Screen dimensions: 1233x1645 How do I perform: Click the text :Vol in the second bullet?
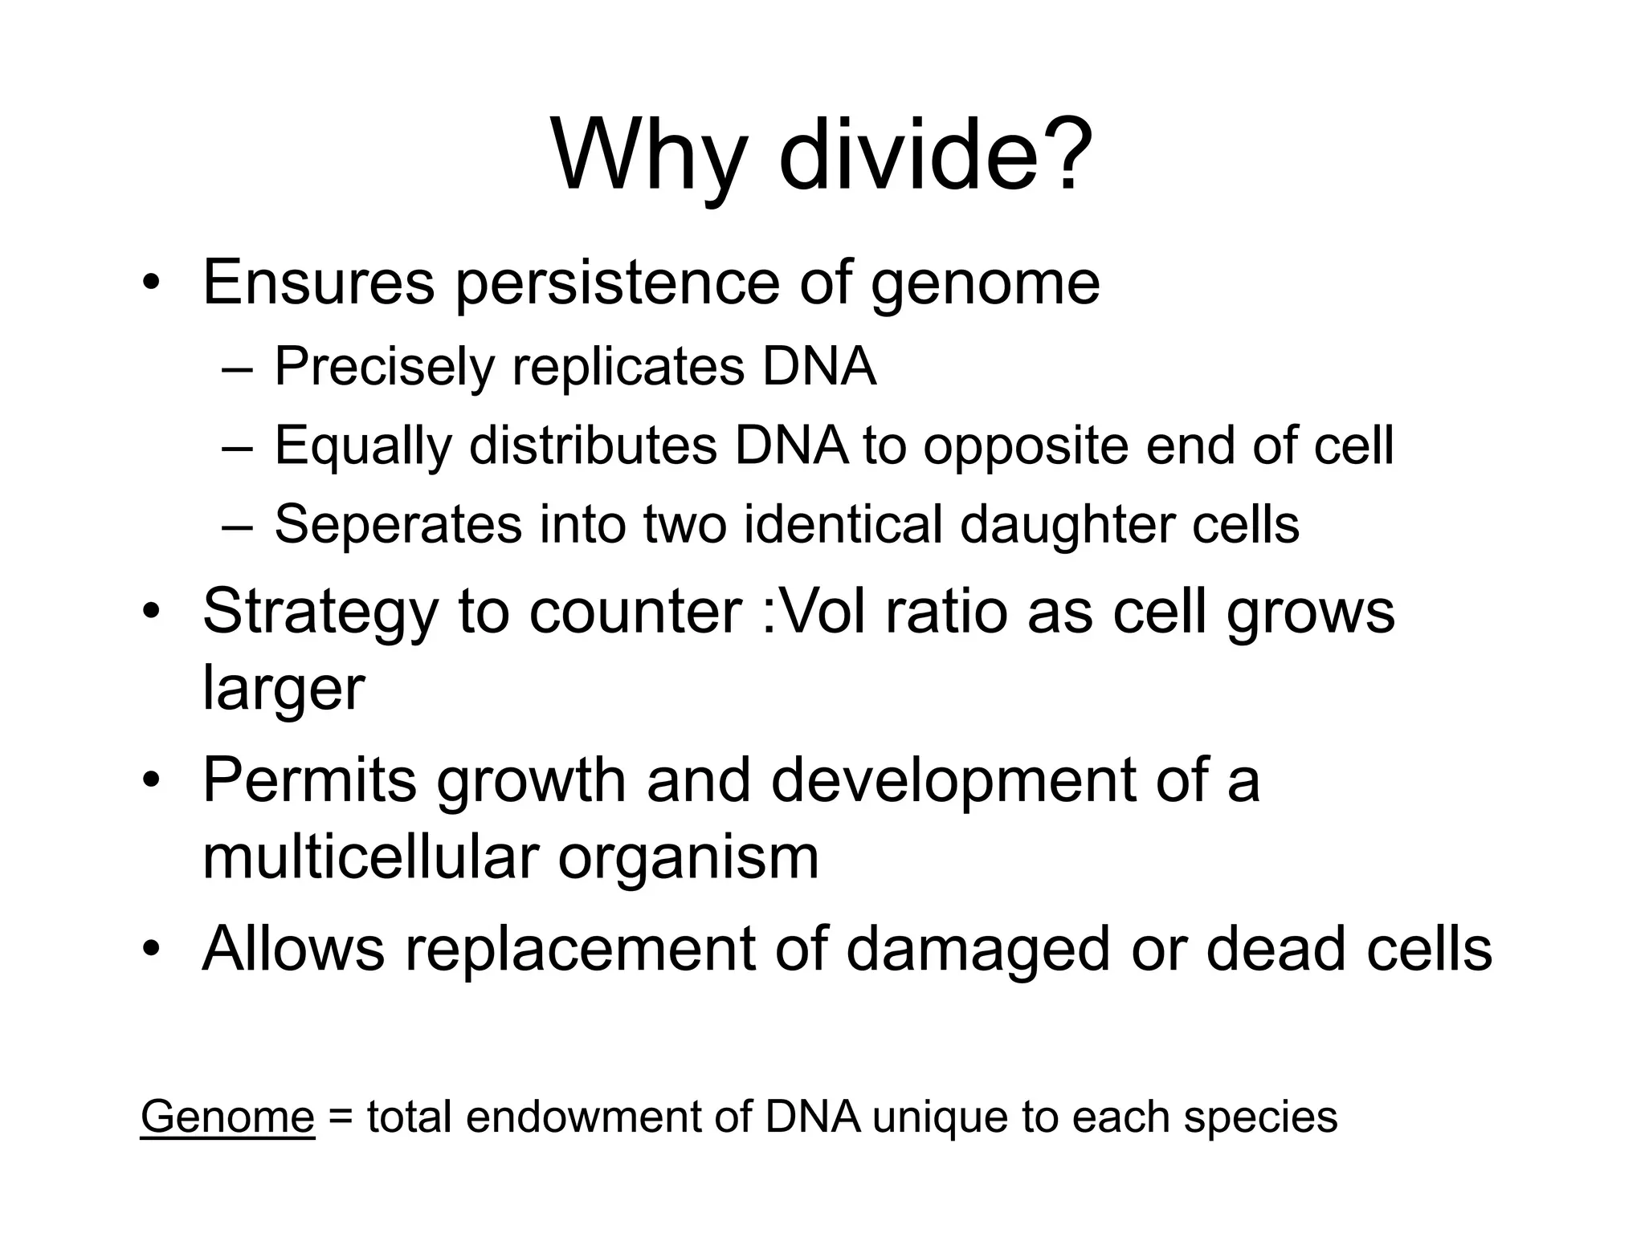[812, 612]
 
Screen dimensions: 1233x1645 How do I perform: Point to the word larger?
[284, 689]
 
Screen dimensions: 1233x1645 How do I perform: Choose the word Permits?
[310, 779]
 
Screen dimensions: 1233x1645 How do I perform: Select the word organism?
[688, 858]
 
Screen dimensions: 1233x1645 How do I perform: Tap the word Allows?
[293, 948]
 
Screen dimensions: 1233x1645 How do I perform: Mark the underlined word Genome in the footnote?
[227, 1117]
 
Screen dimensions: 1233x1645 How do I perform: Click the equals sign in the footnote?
[341, 1117]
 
